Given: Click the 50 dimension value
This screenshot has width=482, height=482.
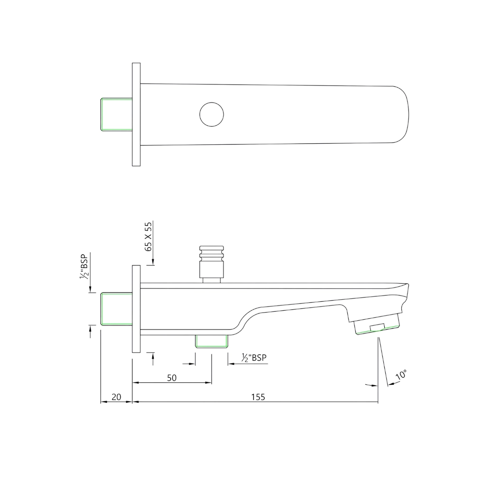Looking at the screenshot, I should pyautogui.click(x=172, y=378).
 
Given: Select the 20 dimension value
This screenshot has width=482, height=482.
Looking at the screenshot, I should pyautogui.click(x=116, y=397).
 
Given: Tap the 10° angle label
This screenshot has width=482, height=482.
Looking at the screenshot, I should pyautogui.click(x=401, y=375).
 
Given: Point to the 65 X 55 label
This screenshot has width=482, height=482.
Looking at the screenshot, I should pyautogui.click(x=148, y=236).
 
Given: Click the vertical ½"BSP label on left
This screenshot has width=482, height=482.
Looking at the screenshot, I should pyautogui.click(x=84, y=268).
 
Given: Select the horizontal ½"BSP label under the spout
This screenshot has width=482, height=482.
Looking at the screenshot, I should pyautogui.click(x=254, y=358).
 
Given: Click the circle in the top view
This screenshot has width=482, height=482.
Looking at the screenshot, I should pyautogui.click(x=212, y=114).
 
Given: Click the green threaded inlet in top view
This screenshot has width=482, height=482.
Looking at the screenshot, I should pyautogui.click(x=117, y=114).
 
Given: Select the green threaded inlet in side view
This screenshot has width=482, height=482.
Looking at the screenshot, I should pyautogui.click(x=117, y=309).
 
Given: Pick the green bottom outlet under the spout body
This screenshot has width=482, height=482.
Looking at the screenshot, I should pyautogui.click(x=212, y=341).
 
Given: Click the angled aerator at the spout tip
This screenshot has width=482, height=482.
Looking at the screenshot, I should pyautogui.click(x=377, y=325).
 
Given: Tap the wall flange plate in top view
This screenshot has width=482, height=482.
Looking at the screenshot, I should pyautogui.click(x=136, y=114).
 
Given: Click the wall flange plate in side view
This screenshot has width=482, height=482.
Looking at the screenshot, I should pyautogui.click(x=136, y=309).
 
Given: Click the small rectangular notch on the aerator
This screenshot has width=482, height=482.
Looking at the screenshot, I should pyautogui.click(x=377, y=326).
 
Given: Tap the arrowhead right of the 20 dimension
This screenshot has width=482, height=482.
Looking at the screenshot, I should pyautogui.click(x=129, y=402).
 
